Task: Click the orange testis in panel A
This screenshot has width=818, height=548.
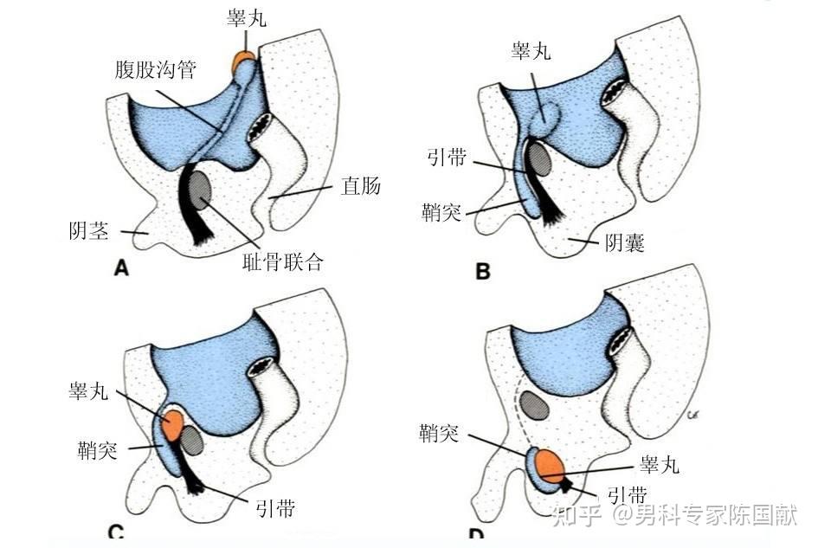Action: point(244,61)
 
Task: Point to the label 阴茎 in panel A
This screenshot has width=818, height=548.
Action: point(89,231)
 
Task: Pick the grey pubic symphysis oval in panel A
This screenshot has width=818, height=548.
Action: point(202,189)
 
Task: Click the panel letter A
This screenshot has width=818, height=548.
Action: point(121,269)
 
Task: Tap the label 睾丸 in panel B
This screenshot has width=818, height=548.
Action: point(531,52)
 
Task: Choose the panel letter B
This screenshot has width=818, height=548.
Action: point(482,271)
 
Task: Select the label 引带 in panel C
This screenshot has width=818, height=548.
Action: point(275,508)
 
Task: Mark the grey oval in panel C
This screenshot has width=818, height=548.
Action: point(192,442)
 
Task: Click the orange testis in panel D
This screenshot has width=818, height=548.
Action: point(550,466)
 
